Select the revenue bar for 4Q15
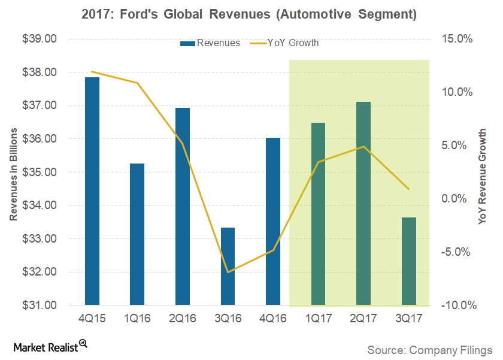tap(92, 191)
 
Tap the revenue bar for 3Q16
tap(228, 266)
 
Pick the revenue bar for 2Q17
tap(363, 203)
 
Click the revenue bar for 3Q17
tap(408, 261)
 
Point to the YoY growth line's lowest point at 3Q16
tap(228, 272)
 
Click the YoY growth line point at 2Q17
tap(363, 147)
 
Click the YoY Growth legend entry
tap(284, 43)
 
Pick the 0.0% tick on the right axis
tap(459, 199)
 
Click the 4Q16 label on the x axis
tap(273, 319)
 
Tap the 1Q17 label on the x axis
tap(318, 319)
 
